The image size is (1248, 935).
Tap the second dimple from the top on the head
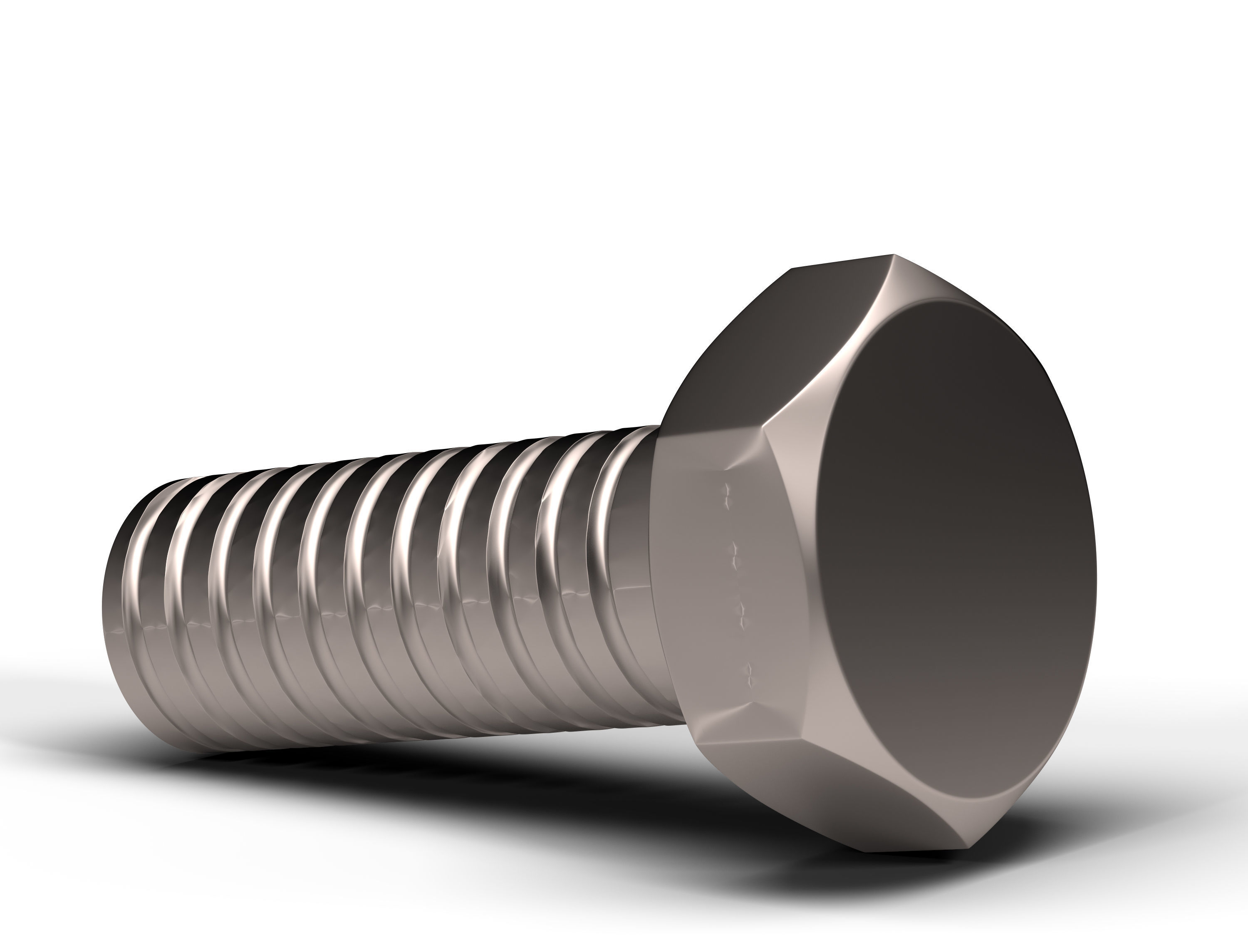(x=735, y=548)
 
